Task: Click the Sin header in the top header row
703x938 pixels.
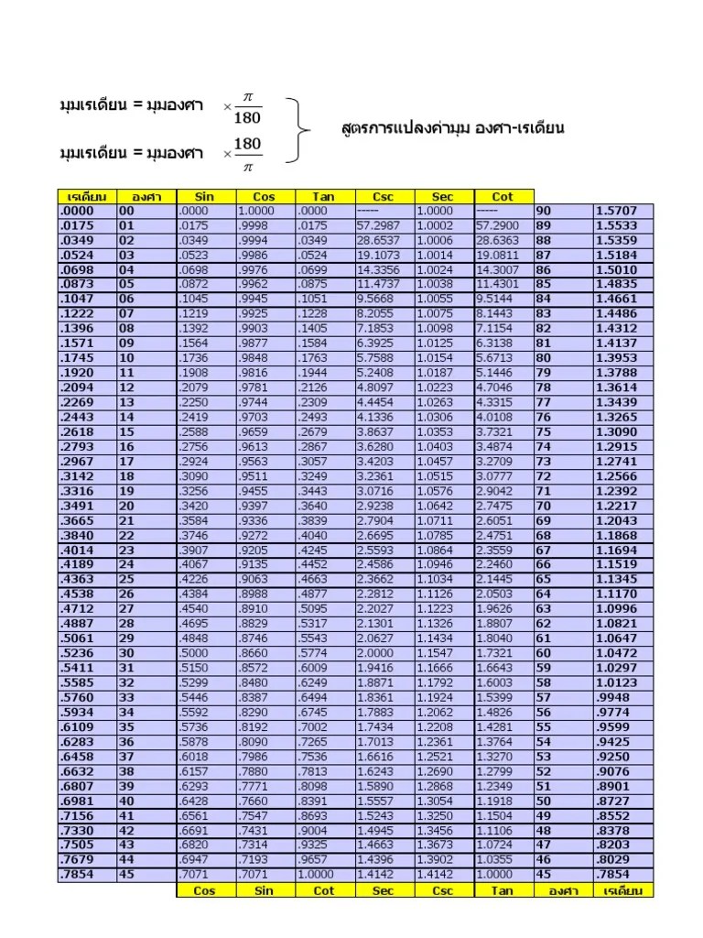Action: click(205, 196)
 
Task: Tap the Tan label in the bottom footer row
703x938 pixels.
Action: click(503, 889)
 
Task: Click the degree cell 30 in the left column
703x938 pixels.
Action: click(126, 653)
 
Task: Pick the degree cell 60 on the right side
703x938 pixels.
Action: click(544, 653)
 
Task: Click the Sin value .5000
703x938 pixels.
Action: click(195, 653)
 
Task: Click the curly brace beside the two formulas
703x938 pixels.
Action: click(294, 129)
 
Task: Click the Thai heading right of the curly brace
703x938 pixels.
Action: click(452, 128)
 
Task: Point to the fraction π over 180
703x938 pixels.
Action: click(246, 107)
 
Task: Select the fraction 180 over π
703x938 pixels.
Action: click(246, 153)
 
